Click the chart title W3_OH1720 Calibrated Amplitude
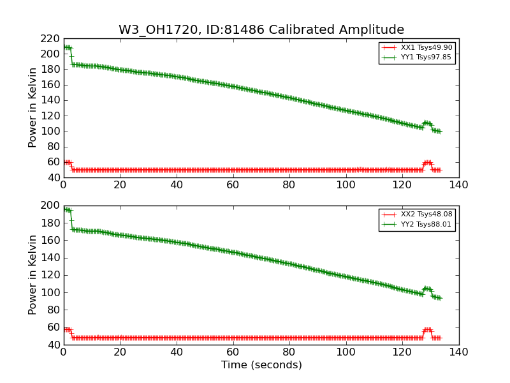[x=261, y=30]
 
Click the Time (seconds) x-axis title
[x=261, y=365]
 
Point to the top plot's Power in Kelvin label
[x=33, y=108]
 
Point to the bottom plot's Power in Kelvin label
[x=33, y=275]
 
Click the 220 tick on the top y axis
[x=50, y=38]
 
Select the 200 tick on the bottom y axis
[x=50, y=206]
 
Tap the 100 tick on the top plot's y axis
[x=50, y=131]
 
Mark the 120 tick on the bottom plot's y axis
[x=50, y=275]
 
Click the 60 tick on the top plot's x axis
[x=233, y=186]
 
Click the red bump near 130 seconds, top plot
[x=428, y=163]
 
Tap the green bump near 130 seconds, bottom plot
[x=428, y=289]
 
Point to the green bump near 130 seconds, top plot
[x=428, y=123]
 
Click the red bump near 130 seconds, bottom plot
[x=428, y=329]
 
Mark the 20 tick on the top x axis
[x=120, y=186]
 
